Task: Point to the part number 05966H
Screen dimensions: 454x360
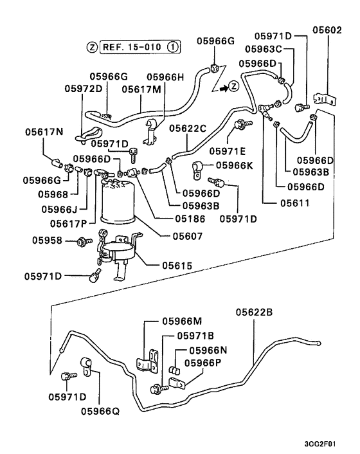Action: (x=165, y=77)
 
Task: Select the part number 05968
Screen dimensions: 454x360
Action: (x=51, y=194)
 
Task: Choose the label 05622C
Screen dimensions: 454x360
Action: (x=188, y=128)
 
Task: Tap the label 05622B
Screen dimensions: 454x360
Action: (x=254, y=313)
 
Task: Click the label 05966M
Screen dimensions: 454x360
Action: (x=182, y=321)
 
